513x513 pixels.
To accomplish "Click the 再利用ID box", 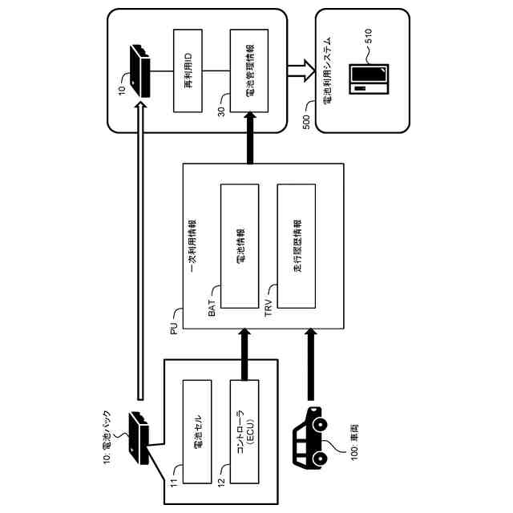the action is click(x=188, y=71).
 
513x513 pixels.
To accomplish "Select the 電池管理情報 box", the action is click(x=249, y=71).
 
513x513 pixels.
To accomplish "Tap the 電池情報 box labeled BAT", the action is click(x=240, y=246).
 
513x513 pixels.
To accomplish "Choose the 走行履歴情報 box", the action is click(x=297, y=246).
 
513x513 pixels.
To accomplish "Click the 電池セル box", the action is click(x=197, y=431).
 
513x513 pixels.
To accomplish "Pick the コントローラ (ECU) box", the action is click(x=244, y=431).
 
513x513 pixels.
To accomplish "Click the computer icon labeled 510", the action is click(x=369, y=79).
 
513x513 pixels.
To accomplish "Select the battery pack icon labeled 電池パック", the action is click(x=139, y=438).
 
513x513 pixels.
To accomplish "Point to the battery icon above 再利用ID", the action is click(x=140, y=71).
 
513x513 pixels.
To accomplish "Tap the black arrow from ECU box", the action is click(x=244, y=354).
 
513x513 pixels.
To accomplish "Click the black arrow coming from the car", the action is click(x=311, y=365).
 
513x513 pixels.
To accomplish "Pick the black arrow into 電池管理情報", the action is click(x=250, y=138).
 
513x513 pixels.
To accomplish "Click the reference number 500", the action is click(x=306, y=122).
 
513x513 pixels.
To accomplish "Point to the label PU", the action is click(x=175, y=328).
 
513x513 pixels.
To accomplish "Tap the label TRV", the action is click(x=269, y=308).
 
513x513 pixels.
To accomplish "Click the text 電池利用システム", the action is click(x=327, y=71).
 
